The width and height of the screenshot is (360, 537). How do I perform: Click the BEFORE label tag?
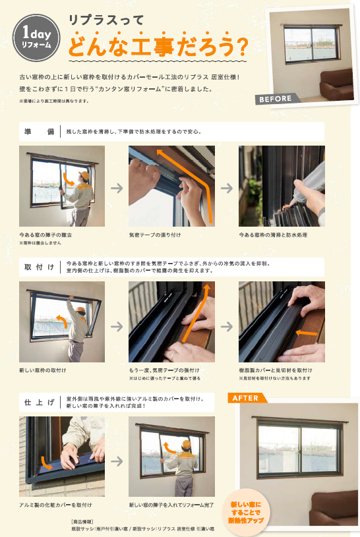pyautogui.click(x=276, y=99)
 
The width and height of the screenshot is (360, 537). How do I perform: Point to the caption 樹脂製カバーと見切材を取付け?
pyautogui.click(x=276, y=371)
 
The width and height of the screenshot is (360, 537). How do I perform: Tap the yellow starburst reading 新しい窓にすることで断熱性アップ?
pyautogui.click(x=245, y=507)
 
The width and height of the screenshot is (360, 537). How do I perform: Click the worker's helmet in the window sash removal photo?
pyautogui.click(x=82, y=174)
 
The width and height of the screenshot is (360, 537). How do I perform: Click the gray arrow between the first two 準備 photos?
pyautogui.click(x=117, y=188)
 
